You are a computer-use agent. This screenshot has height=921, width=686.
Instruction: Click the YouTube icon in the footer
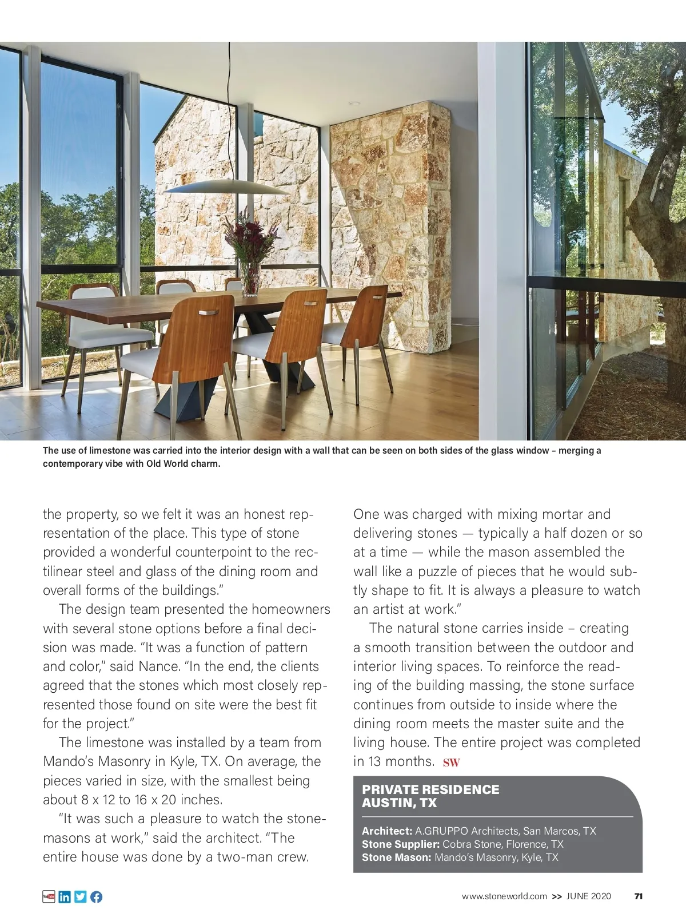[49, 896]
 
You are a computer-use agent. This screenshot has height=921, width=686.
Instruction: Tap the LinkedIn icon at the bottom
[65, 896]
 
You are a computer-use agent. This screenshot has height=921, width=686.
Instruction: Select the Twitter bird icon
[81, 896]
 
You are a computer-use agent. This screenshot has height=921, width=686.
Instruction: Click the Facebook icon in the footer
[96, 896]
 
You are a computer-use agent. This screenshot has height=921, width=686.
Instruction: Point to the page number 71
[639, 896]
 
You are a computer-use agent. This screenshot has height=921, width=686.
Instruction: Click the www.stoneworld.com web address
[504, 896]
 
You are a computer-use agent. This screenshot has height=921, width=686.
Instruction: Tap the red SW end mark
[451, 762]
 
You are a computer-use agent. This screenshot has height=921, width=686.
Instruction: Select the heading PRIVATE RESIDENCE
[430, 789]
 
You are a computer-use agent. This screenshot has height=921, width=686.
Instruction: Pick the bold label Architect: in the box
[387, 831]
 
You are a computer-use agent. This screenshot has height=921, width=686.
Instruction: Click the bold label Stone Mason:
[396, 857]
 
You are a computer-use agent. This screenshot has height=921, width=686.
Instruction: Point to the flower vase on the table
[250, 279]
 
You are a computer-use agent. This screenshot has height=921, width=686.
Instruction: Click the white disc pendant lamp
[228, 187]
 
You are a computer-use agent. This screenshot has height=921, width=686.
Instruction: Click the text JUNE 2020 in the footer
[588, 896]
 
